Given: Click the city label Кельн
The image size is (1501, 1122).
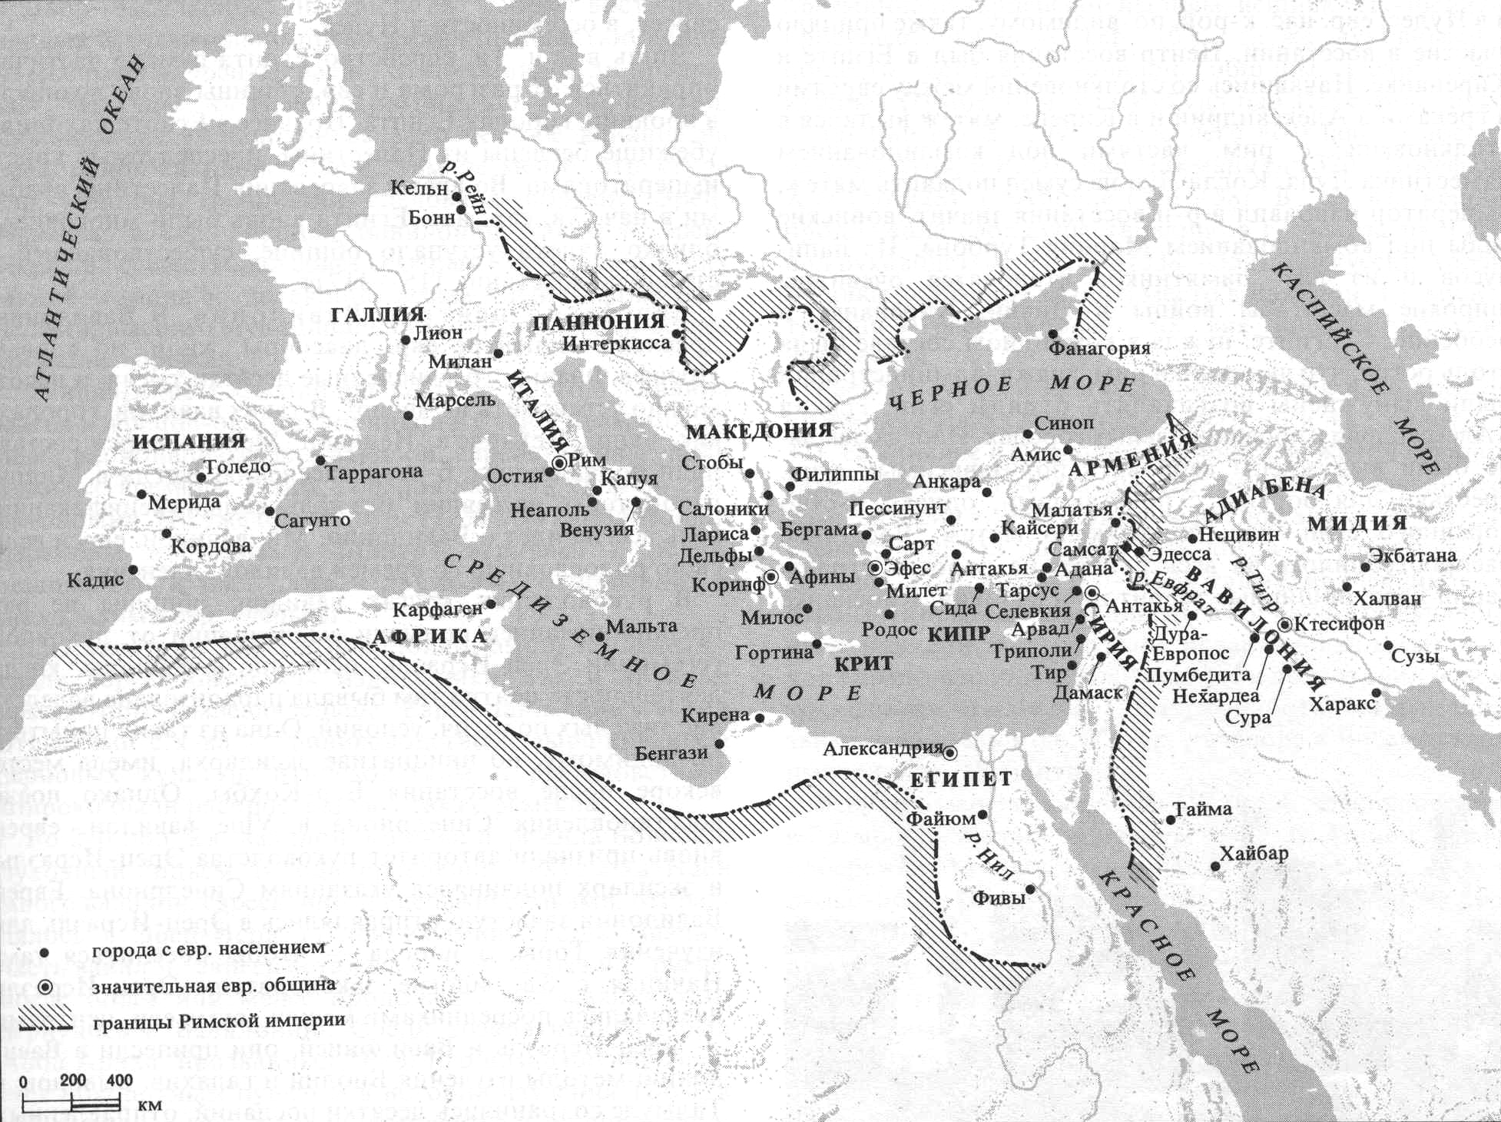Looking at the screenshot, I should pyautogui.click(x=419, y=188).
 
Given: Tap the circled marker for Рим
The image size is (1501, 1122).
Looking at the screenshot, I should pyautogui.click(x=559, y=463).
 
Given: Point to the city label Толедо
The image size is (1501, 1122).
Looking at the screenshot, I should pyautogui.click(x=238, y=466).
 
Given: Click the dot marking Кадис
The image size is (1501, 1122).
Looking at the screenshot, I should pyautogui.click(x=134, y=569).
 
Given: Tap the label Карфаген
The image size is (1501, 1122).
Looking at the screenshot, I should pyautogui.click(x=437, y=610).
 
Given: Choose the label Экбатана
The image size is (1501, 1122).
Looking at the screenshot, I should pyautogui.click(x=1412, y=555).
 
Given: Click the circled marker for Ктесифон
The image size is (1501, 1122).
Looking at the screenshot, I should pyautogui.click(x=1285, y=624).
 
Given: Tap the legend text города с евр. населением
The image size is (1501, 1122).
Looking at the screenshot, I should pyautogui.click(x=208, y=948).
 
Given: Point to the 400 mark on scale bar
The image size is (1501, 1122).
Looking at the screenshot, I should pyautogui.click(x=120, y=1081).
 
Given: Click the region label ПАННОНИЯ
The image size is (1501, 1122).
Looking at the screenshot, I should pyautogui.click(x=598, y=322).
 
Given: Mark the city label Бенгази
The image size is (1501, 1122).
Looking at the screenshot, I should pyautogui.click(x=671, y=753).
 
